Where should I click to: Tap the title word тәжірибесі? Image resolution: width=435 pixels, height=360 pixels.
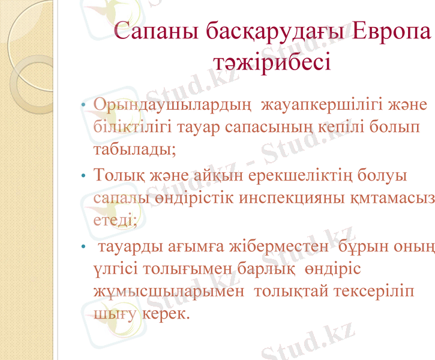coord(272,61)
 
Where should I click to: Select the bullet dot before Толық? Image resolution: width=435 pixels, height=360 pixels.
coord(85,178)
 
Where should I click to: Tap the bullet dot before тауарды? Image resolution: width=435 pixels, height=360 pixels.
coord(85,248)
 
